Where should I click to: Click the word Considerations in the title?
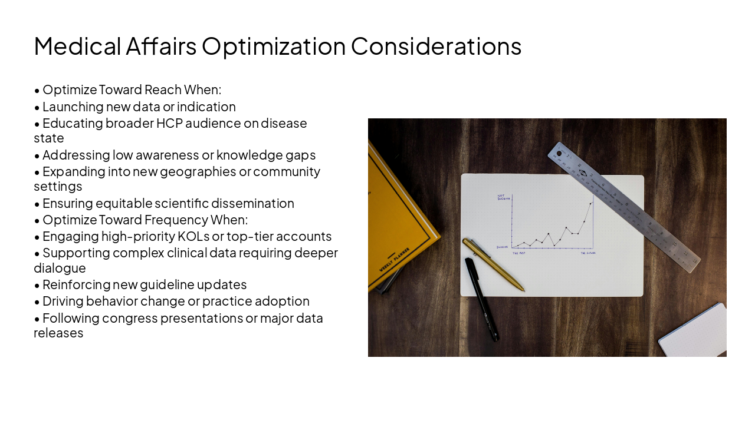(x=436, y=47)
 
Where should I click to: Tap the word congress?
(x=128, y=319)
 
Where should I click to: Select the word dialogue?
(x=60, y=269)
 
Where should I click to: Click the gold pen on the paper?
(x=493, y=264)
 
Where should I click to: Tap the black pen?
(x=482, y=299)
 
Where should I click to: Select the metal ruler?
(x=623, y=206)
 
